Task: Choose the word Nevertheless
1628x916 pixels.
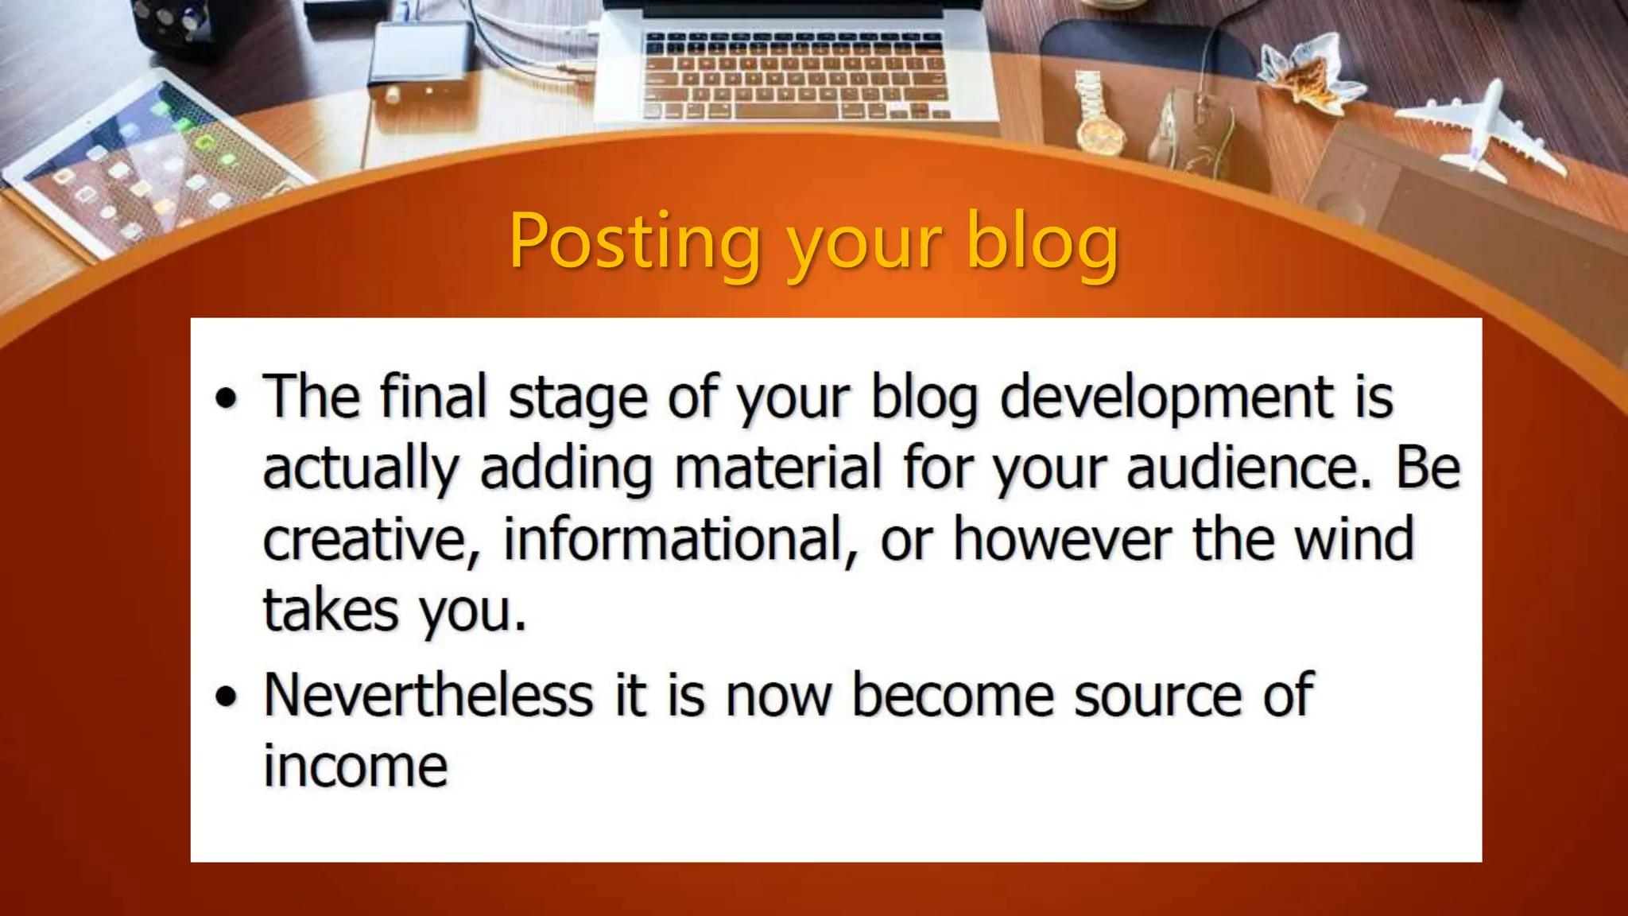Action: [428, 695]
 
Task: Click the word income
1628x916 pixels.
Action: [355, 767]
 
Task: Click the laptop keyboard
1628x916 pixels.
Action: [795, 76]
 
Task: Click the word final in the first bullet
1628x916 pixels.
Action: [433, 398]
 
